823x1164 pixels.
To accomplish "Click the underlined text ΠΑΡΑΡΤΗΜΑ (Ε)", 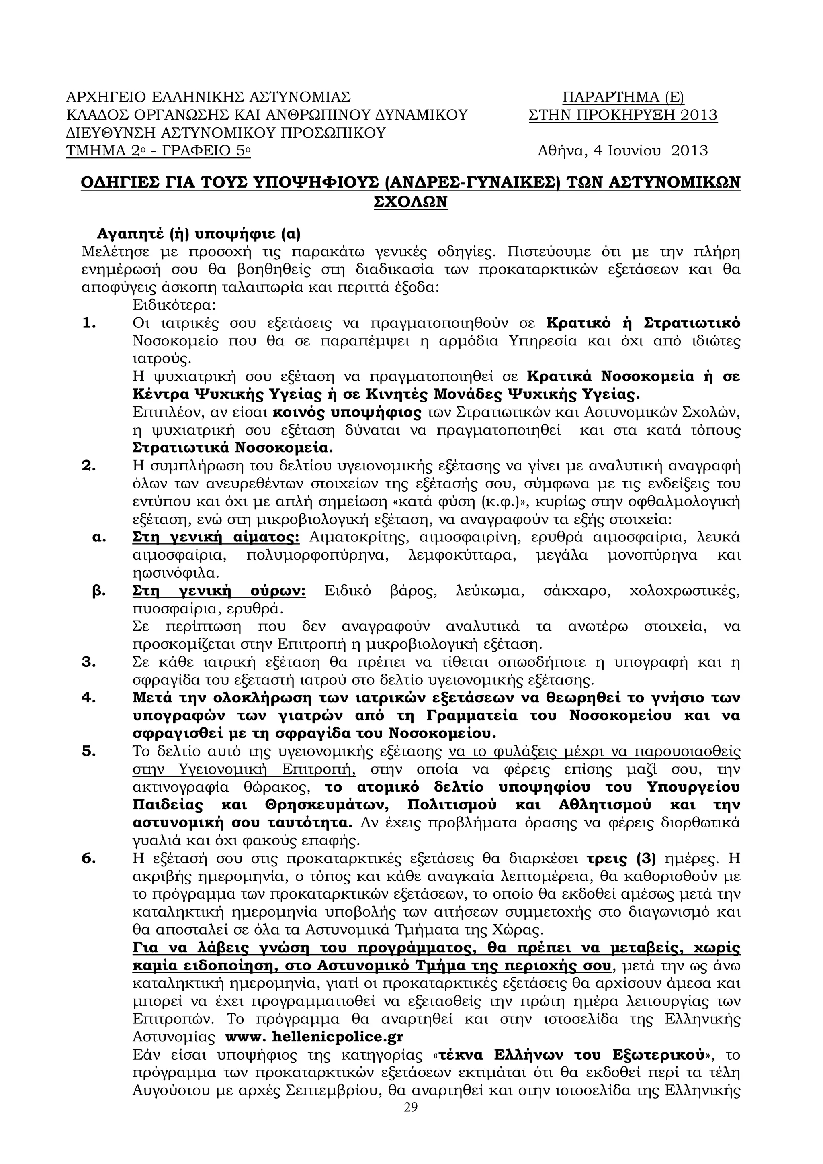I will coord(623,97).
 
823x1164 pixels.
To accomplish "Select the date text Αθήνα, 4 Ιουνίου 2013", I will coord(622,151).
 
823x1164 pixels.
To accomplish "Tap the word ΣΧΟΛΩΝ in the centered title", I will coord(411,202).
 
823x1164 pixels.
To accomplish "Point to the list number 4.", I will coord(89,698).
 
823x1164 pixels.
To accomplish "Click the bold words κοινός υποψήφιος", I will coord(347,413).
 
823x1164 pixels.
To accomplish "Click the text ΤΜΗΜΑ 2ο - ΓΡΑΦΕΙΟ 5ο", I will coord(158,151).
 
